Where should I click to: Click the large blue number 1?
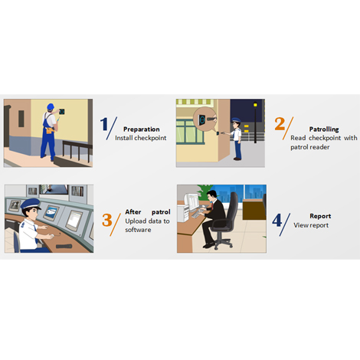(103, 124)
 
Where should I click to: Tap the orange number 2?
(280, 124)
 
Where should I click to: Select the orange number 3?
(107, 220)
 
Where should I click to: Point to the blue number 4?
(277, 220)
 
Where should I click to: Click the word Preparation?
(142, 129)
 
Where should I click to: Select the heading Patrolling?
(324, 129)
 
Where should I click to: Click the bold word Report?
(320, 216)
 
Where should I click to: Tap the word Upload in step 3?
(134, 221)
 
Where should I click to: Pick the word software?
(138, 230)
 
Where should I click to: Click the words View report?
(311, 225)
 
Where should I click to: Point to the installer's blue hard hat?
(51, 106)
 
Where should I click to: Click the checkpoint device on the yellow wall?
(61, 112)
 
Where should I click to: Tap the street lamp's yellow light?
(255, 105)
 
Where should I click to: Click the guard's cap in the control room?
(31, 204)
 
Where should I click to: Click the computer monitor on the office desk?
(193, 201)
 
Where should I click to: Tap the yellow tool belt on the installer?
(50, 130)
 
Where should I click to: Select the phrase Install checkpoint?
(141, 138)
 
